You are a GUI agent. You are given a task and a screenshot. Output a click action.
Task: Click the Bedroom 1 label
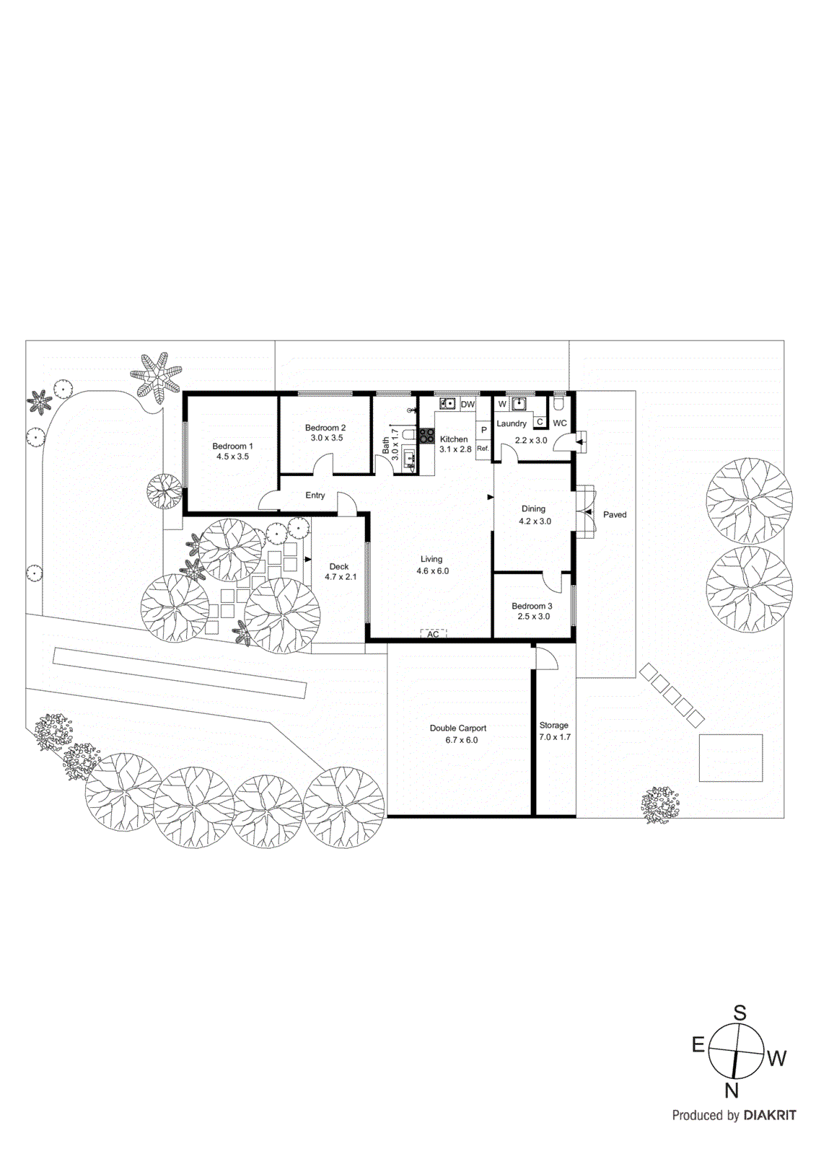232,446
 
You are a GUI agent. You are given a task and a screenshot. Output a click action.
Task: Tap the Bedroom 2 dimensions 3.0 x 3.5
327,438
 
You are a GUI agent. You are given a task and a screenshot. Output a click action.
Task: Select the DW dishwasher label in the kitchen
468,405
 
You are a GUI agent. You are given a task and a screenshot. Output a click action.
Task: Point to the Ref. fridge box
483,449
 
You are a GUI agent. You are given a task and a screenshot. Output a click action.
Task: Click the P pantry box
483,430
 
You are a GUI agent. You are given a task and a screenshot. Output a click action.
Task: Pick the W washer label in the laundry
502,405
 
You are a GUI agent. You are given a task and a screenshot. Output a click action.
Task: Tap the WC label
560,423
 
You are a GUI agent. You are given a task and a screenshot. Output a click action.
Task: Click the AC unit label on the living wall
433,634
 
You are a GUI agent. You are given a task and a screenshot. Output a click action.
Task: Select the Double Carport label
458,728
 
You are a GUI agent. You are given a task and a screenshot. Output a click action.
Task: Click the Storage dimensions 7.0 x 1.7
555,737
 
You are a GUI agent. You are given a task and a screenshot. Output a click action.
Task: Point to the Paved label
615,514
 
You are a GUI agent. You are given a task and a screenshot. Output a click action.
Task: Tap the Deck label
339,566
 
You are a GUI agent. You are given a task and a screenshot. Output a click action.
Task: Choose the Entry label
315,495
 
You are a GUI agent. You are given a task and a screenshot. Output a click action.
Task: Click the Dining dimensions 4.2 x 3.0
535,521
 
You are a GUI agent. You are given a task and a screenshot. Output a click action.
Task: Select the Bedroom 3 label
532,606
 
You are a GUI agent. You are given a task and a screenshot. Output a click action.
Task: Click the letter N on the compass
732,1091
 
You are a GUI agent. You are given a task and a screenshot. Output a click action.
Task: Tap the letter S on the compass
740,1013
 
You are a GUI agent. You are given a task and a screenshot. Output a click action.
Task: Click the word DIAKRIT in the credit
770,1115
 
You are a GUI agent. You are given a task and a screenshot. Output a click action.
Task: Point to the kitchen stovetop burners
427,435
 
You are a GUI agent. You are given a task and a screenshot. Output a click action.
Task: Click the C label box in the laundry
540,422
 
